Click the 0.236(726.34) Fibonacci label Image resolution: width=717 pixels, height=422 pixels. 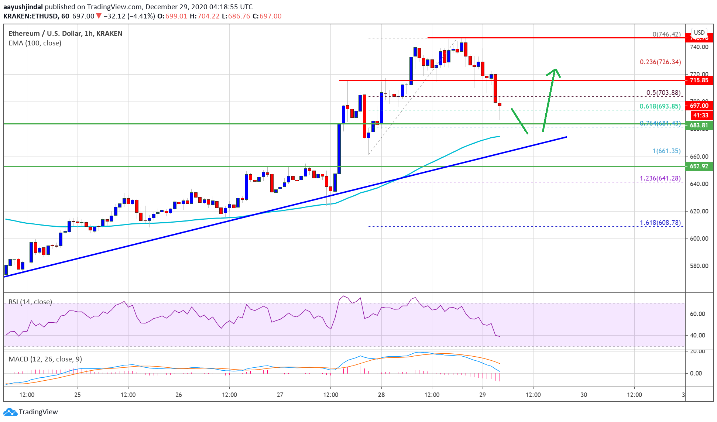660,62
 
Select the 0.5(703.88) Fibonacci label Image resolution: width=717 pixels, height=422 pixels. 663,93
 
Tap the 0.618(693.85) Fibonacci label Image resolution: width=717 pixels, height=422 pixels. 660,106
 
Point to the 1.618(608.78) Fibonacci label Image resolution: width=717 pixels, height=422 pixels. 660,223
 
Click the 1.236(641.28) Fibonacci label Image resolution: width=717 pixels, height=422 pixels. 660,178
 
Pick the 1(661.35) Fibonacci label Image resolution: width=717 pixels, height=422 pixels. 666,151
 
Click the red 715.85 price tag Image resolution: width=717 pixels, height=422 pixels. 699,80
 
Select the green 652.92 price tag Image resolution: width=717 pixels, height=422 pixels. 699,166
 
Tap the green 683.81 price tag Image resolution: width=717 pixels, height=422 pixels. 699,125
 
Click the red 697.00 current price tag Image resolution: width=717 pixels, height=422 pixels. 699,106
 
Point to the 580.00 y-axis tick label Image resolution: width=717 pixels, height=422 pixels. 699,266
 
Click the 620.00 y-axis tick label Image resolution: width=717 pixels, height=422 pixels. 699,211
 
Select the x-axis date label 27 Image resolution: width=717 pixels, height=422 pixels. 280,395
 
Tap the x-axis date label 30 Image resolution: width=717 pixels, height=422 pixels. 584,395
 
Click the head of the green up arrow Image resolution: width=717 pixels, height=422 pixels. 555,71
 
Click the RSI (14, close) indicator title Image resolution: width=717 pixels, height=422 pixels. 30,302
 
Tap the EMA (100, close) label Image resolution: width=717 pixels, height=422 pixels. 35,43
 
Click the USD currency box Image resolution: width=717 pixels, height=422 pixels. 699,32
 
